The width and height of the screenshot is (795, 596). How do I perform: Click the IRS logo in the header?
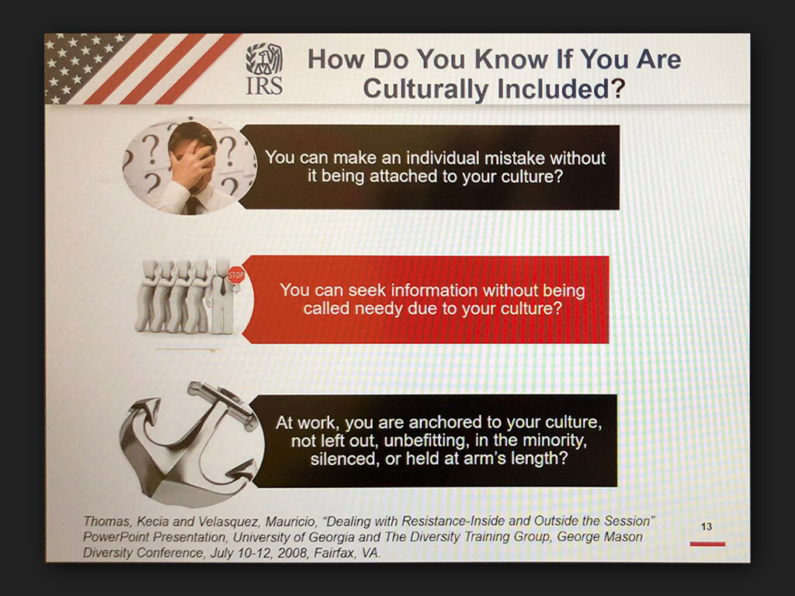coord(264,69)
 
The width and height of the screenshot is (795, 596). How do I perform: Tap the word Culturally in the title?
coord(427,88)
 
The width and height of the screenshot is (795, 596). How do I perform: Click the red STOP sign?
coord(236,275)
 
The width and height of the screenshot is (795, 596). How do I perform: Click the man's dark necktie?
coord(193,205)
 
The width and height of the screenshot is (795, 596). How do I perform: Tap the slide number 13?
coord(706,527)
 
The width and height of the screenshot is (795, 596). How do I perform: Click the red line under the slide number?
coord(707,544)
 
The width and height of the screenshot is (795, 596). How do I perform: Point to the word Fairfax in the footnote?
coord(335,553)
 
